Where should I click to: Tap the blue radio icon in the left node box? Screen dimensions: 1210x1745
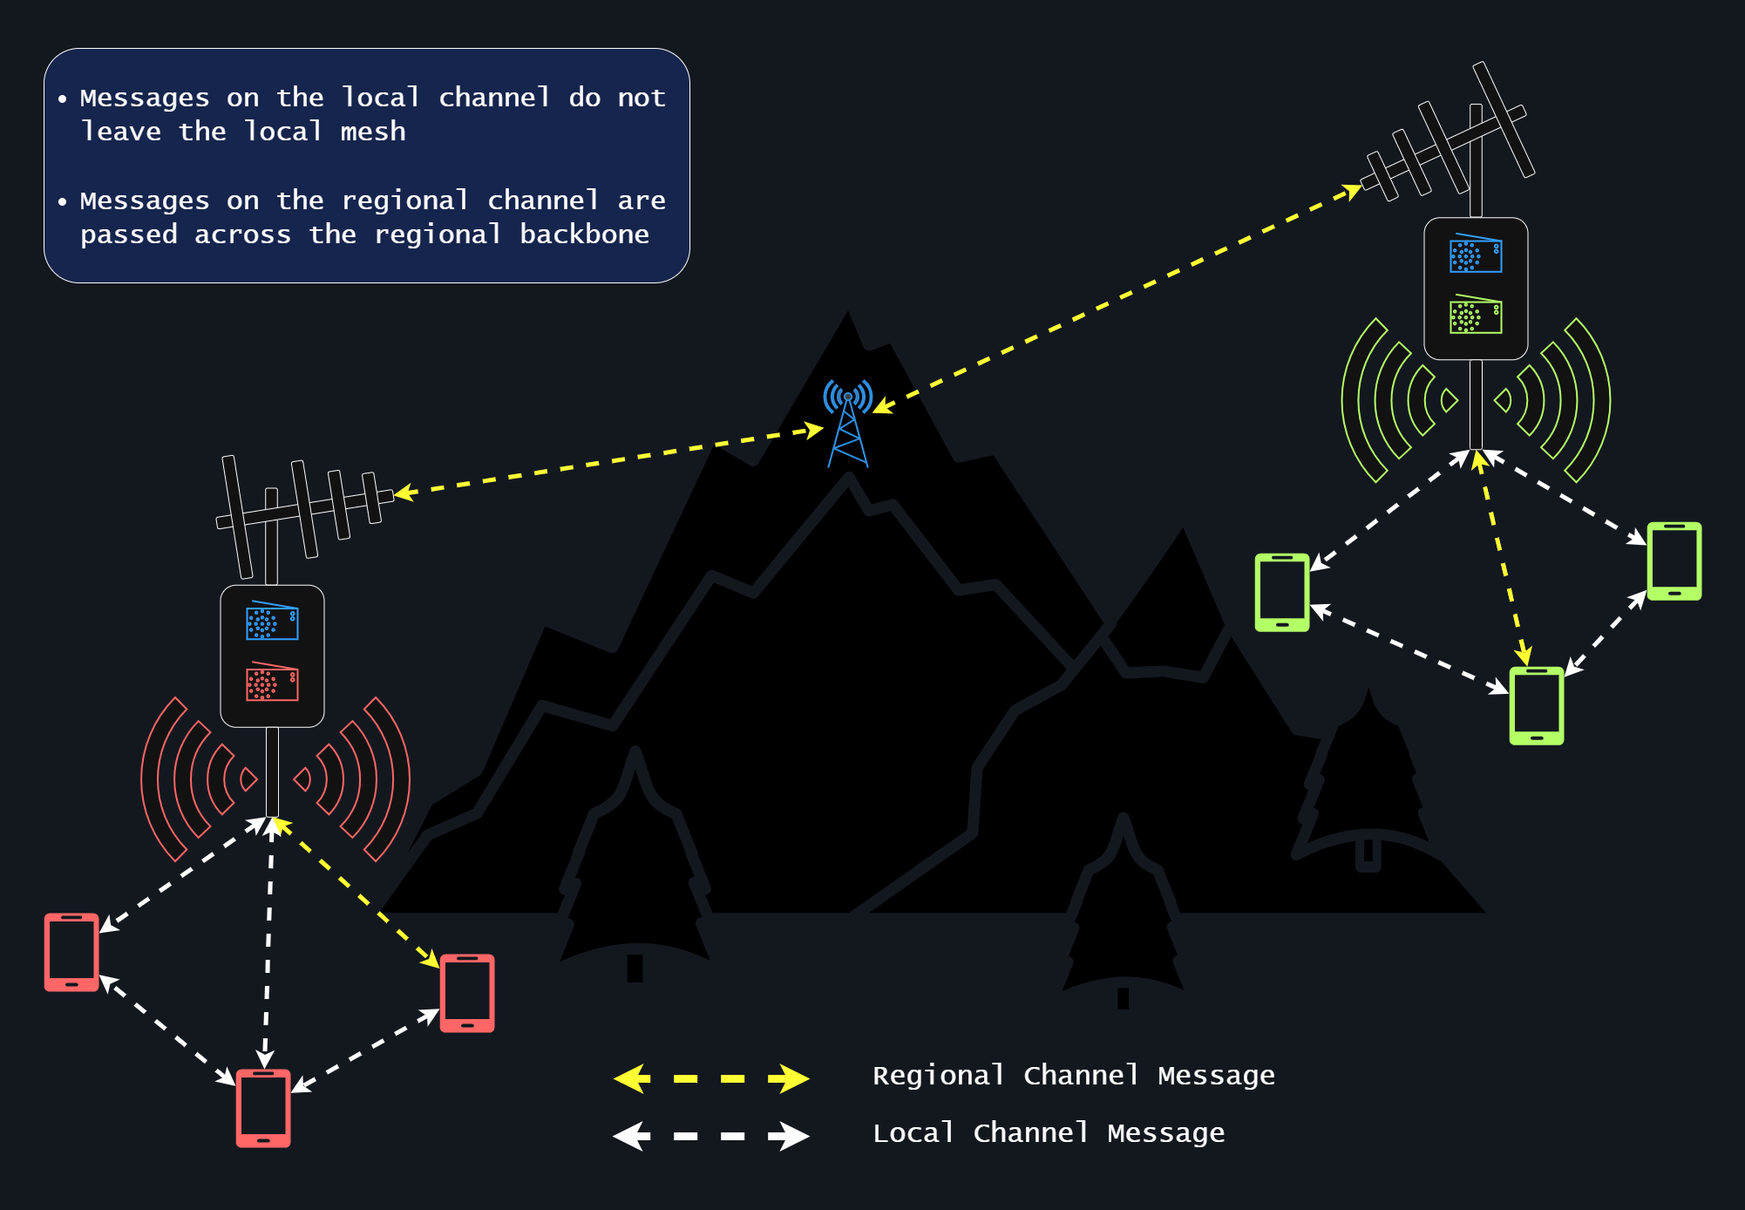click(272, 621)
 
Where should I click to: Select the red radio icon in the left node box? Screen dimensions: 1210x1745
click(272, 682)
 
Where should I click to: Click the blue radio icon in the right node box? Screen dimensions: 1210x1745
click(1476, 254)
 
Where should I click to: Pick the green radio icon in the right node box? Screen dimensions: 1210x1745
click(1476, 315)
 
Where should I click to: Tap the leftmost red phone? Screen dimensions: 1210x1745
click(71, 952)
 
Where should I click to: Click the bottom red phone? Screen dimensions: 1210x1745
click(263, 1108)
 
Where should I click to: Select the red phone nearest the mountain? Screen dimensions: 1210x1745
click(467, 993)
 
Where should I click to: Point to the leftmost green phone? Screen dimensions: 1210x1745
click(1281, 592)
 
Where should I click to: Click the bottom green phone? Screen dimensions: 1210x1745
click(1536, 705)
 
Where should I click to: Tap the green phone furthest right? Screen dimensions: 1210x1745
click(1674, 561)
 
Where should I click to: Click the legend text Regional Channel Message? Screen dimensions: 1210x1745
click(1073, 1076)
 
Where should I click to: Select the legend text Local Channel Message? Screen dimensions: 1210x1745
click(1049, 1133)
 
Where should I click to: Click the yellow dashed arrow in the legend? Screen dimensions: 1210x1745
click(710, 1078)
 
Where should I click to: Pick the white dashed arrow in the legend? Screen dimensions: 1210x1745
click(710, 1136)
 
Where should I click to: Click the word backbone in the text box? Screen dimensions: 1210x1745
click(584, 235)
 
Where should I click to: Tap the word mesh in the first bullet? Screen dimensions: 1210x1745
click(372, 132)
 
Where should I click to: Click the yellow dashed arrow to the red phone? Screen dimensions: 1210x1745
click(357, 894)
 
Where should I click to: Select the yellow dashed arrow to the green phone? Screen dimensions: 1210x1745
click(1502, 558)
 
